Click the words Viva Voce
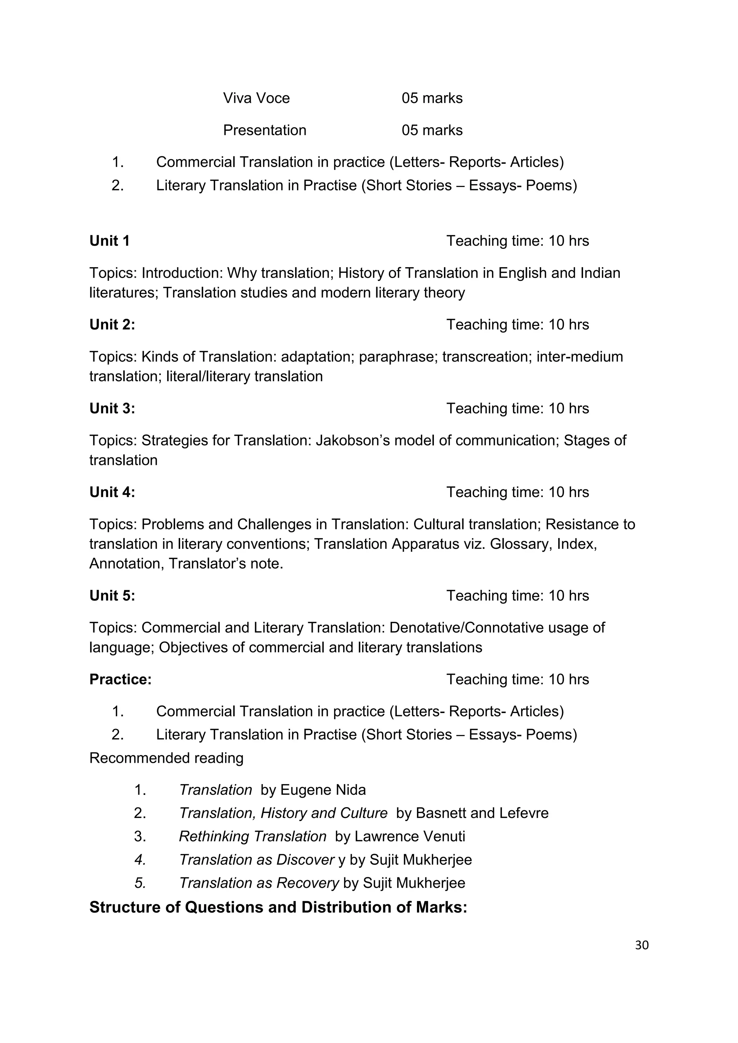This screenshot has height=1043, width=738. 256,98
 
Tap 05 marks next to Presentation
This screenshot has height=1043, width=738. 432,130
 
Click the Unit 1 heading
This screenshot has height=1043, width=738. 110,241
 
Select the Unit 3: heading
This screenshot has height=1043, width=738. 112,408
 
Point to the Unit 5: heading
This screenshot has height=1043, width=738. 112,596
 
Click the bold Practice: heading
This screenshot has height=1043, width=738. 120,679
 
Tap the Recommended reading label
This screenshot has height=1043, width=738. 166,758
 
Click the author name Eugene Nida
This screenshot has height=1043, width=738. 323,790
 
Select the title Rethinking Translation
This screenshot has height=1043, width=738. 253,836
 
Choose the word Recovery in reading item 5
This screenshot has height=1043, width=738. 308,883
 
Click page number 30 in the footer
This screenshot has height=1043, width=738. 642,945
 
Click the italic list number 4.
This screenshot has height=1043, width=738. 140,859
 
